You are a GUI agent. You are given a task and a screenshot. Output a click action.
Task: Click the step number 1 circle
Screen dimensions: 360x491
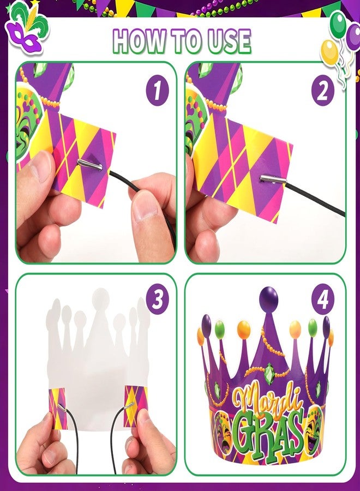[x=158, y=89]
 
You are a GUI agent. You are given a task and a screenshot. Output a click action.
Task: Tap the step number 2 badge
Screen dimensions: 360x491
[x=322, y=89]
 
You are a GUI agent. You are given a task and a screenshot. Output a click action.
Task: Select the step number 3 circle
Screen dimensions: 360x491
[x=158, y=298]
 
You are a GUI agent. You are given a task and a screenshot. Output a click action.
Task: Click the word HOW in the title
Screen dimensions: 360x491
[x=138, y=41]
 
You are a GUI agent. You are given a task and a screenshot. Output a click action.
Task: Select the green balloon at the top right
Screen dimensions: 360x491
[x=338, y=24]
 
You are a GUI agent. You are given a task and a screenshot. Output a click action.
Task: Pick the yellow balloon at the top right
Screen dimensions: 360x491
[x=330, y=51]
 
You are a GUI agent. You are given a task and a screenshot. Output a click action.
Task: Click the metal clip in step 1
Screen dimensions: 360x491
[x=89, y=164]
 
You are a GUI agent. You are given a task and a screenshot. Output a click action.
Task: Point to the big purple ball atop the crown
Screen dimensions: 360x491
[x=268, y=299]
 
